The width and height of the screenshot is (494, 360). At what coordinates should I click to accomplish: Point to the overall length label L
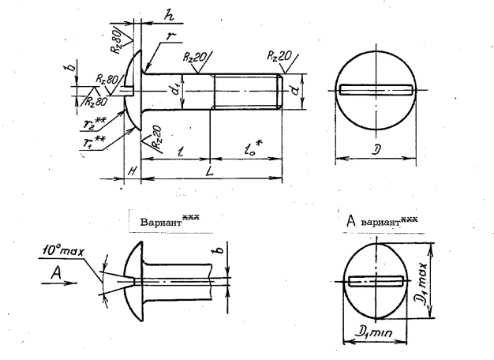click(x=208, y=171)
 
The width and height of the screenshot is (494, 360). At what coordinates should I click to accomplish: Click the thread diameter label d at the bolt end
click(x=294, y=92)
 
